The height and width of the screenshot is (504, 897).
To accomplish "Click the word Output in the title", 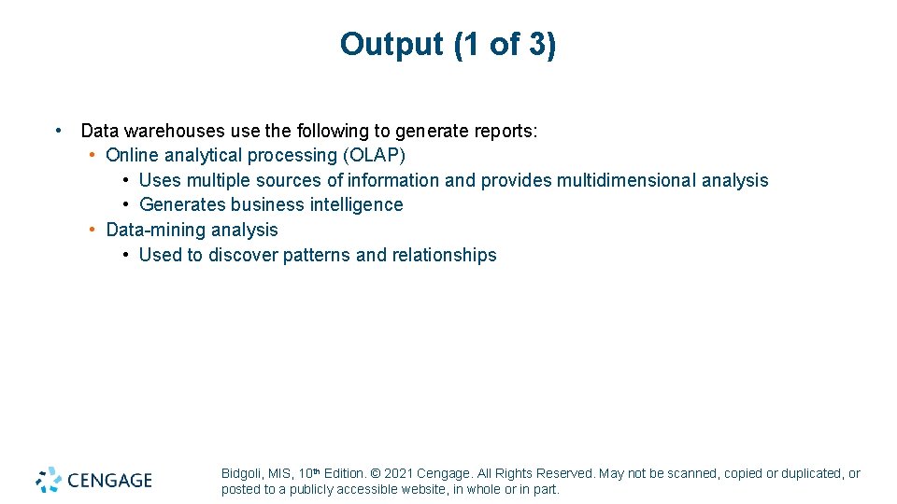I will (392, 44).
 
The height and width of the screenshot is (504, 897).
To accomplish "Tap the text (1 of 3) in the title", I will (505, 44).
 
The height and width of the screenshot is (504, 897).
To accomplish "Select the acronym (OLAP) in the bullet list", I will (374, 155).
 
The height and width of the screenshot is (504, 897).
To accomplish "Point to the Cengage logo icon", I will (49, 480).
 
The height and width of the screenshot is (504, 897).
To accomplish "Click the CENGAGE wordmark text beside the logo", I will (108, 481).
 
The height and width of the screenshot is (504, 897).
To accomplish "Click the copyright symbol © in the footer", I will (376, 474).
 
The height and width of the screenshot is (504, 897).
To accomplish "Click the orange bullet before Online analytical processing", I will (93, 155).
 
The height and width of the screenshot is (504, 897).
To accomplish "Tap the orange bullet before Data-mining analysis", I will (93, 230).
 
